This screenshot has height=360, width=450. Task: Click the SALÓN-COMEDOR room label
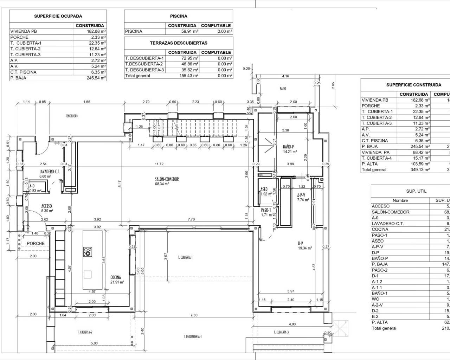[x=167, y=179]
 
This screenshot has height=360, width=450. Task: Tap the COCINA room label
[x=116, y=277]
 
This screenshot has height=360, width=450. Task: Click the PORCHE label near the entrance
[x=36, y=243]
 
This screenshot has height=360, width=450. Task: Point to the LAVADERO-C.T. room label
[x=50, y=172]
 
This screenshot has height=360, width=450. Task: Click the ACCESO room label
[x=47, y=206]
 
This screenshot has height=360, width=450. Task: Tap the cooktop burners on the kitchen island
[x=88, y=251]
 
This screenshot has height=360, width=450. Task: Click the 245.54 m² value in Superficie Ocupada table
[x=96, y=78]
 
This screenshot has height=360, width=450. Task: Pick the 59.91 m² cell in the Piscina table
[x=189, y=31]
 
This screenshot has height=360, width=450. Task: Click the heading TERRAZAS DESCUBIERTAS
[x=179, y=43]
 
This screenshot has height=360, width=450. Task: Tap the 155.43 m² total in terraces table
[x=189, y=76]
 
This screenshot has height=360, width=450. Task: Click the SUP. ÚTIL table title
[x=416, y=191]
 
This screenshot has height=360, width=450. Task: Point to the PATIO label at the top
[x=283, y=89]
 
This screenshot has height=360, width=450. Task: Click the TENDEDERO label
[x=71, y=116]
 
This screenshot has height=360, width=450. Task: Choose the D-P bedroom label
[x=301, y=243]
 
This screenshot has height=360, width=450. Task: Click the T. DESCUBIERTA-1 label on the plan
[x=193, y=336]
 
